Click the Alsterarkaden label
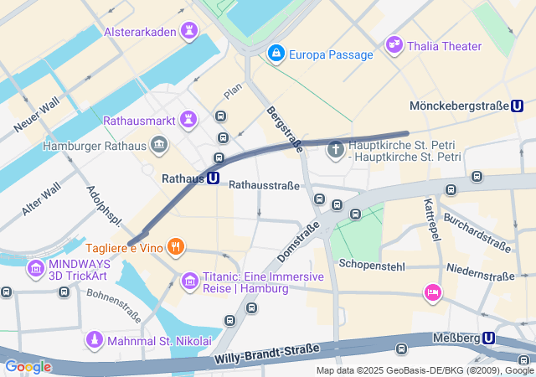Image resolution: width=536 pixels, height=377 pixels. pos(140,33)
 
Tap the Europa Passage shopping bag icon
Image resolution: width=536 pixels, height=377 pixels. pos(275,54)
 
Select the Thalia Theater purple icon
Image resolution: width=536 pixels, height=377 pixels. pos(394,45)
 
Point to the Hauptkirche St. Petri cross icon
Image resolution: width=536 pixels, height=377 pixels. pos(335,150)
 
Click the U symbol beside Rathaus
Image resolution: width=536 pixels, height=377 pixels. pos(214,178)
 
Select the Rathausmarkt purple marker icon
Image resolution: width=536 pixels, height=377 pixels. pos(189,121)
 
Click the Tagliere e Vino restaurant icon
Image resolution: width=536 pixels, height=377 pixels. pos(175,246)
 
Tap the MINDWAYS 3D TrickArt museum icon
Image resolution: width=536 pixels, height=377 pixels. pos(36,269)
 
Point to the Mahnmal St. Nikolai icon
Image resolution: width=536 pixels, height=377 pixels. pos(95,340)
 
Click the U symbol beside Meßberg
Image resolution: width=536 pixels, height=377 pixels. pos(489,338)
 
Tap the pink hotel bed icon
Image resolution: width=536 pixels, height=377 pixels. pos(432,292)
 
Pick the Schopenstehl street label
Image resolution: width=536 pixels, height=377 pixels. pos(372,264)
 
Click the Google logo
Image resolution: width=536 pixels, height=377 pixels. pos(28,366)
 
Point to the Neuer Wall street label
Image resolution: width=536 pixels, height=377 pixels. pos(36,115)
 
